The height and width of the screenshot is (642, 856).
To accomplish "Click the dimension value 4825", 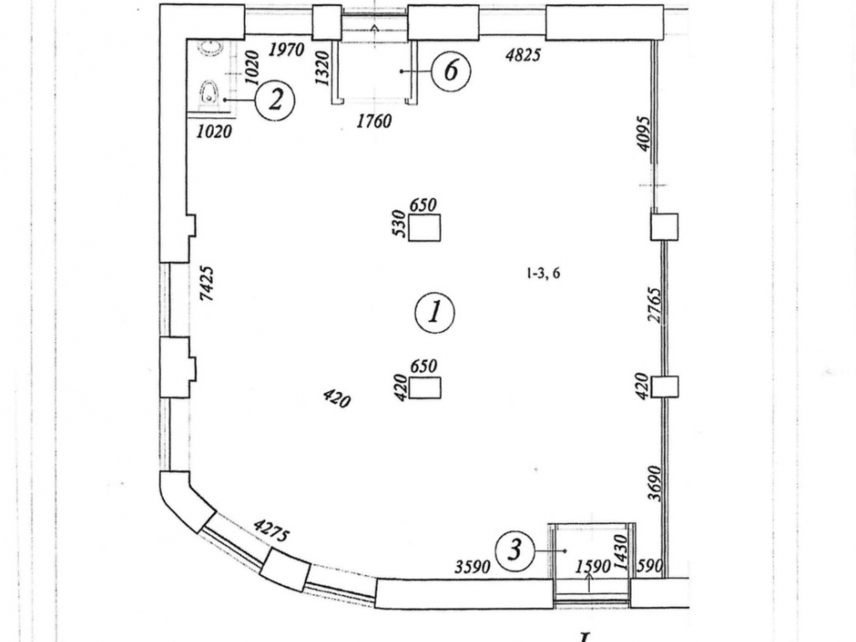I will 523,56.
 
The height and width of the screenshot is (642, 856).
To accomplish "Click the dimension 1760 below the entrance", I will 373,122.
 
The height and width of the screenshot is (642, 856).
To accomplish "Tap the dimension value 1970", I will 286,50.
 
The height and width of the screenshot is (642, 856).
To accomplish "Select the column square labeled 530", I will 424,229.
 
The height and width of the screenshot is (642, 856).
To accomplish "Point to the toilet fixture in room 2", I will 208,91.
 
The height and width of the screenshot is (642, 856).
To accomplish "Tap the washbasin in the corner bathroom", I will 209,49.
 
